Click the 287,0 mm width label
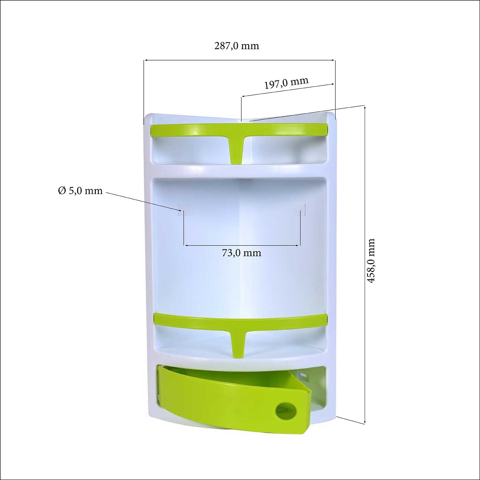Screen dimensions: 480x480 (236, 46)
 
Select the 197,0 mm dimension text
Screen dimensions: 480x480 (286, 83)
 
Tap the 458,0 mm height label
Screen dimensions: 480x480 (371, 260)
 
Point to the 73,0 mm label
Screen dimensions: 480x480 (242, 253)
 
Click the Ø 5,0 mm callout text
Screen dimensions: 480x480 (80, 191)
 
